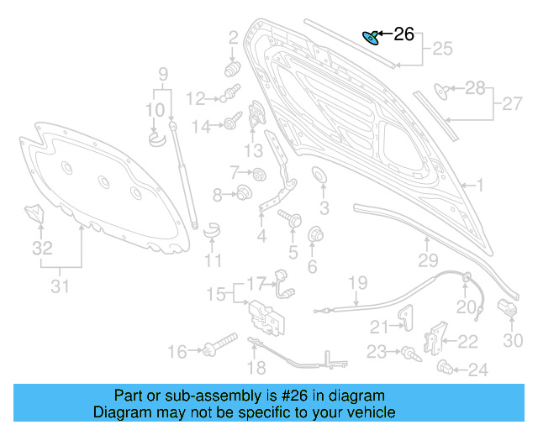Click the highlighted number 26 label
tap(404, 34)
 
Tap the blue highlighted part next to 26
tap(370, 37)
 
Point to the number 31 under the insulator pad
tap(59, 288)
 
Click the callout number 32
tap(42, 248)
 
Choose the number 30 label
tap(513, 340)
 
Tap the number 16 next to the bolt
tap(177, 352)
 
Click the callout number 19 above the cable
tap(358, 281)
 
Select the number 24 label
tap(477, 369)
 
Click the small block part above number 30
tap(508, 308)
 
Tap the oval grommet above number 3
tap(320, 176)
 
